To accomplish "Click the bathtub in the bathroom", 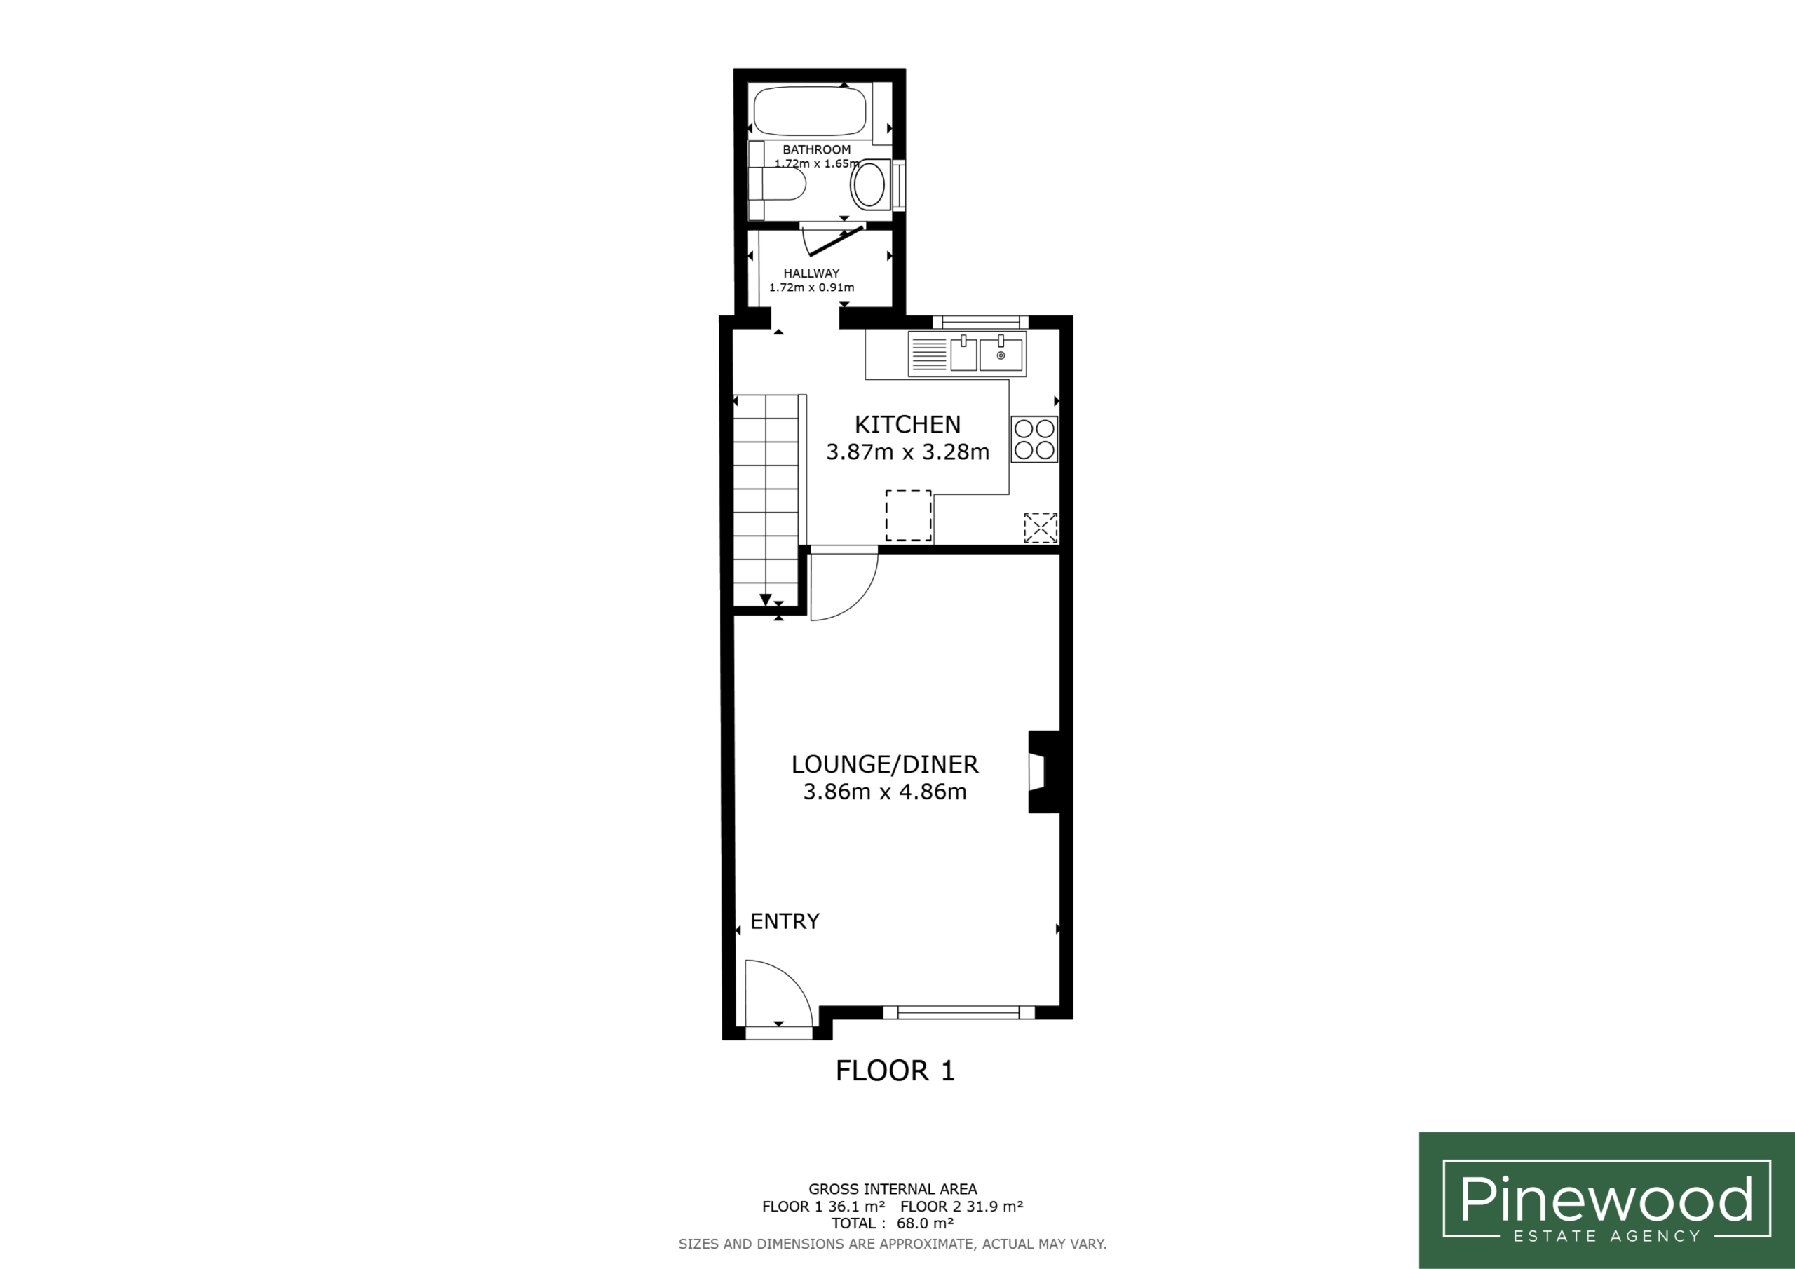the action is (809, 111).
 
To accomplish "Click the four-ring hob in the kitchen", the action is (1034, 440).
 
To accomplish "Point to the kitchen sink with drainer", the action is (967, 353).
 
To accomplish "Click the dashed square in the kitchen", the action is (909, 515).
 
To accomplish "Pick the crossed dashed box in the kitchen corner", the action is (1041, 528).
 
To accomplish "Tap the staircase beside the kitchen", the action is (766, 501).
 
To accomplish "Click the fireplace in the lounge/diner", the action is (1044, 772).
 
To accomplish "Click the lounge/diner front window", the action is (959, 1012).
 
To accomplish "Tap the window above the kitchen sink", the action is (980, 321).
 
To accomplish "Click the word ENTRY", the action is (785, 921).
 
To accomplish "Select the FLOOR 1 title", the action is (895, 1071).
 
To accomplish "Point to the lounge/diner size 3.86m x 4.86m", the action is (885, 792).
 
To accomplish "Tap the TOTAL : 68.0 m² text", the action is (892, 1223).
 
